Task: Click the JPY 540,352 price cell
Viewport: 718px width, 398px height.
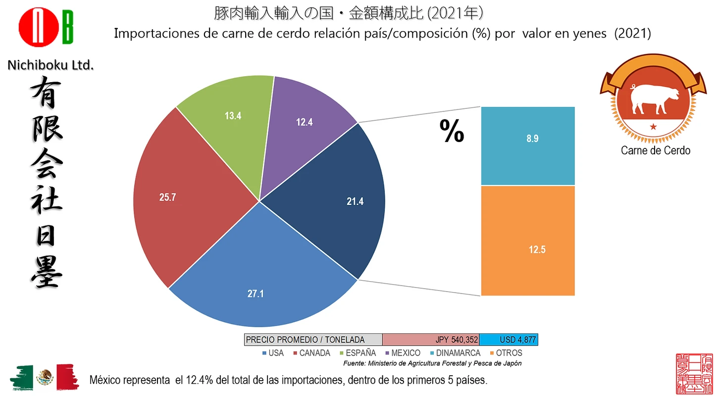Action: [x=431, y=340]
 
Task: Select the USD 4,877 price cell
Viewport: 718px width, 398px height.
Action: [x=509, y=340]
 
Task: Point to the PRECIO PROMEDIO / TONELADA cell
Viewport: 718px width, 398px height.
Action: [x=313, y=340]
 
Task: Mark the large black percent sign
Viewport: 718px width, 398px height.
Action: [x=452, y=131]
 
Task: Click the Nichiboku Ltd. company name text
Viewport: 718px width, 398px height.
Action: [x=51, y=64]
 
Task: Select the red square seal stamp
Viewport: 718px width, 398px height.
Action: [x=695, y=374]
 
